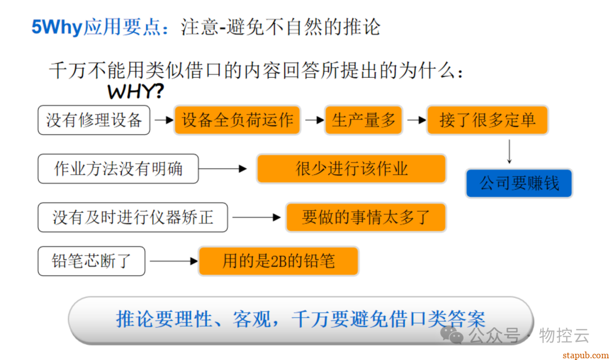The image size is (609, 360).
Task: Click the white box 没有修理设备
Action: [94, 120]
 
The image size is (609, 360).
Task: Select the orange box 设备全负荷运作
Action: [237, 120]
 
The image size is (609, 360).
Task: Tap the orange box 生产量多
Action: [363, 120]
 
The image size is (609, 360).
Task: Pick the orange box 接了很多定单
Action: [487, 120]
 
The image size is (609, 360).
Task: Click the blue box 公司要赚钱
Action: [519, 183]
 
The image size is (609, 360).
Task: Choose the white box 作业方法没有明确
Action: [118, 169]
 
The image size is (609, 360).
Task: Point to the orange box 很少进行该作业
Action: [351, 169]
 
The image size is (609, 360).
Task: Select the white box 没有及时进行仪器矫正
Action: [133, 217]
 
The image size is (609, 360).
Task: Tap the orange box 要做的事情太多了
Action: [365, 217]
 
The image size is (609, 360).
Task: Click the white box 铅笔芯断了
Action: [91, 261]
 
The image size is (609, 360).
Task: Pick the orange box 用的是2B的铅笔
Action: [278, 261]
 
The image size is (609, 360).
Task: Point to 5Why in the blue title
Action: [57, 27]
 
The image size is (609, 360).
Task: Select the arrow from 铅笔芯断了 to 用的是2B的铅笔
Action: [173, 261]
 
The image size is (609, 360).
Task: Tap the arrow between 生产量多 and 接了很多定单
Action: [416, 120]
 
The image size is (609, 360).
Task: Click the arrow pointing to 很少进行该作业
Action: [223, 169]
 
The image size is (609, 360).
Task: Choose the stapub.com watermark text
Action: [585, 354]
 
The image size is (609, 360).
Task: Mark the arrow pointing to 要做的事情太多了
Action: [257, 217]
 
